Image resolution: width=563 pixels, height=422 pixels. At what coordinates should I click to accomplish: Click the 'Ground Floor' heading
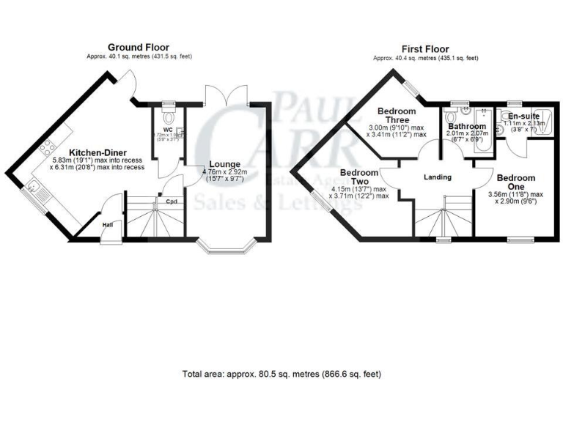click(138, 47)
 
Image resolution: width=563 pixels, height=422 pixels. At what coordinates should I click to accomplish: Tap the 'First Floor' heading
click(425, 47)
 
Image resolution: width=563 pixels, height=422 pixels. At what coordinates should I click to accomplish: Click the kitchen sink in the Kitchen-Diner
click(37, 192)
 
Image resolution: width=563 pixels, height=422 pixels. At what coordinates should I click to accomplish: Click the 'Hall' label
click(108, 225)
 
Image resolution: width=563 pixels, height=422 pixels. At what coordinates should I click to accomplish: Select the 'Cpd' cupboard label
click(172, 201)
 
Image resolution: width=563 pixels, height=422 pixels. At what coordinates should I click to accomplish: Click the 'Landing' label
click(438, 177)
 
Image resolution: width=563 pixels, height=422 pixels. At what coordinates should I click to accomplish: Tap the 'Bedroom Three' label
click(397, 117)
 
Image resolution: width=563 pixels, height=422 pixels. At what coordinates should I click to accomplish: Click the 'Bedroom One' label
click(516, 182)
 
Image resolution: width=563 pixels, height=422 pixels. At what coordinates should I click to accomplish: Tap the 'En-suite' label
click(525, 116)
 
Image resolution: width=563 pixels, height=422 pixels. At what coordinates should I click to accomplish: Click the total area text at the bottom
click(281, 374)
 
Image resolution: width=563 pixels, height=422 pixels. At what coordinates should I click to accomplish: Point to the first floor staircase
click(443, 217)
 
